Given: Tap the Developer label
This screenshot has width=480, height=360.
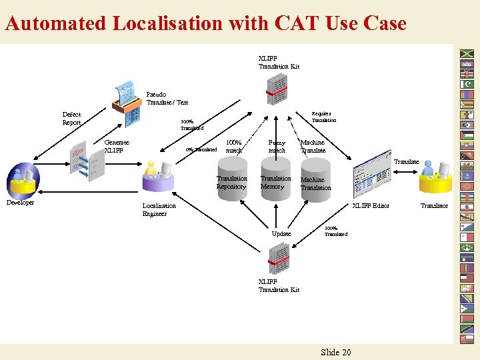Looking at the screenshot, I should (x=20, y=203).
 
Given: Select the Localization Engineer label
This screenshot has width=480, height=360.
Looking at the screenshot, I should (x=159, y=210).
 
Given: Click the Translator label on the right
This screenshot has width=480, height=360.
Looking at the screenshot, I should (x=434, y=206).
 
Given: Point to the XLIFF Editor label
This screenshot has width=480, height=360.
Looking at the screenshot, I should (x=371, y=206).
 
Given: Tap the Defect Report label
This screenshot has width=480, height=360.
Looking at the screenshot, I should (x=71, y=119).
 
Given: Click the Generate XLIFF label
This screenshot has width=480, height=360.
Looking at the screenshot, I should (x=117, y=146).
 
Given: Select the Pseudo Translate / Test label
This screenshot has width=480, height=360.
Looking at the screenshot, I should (x=167, y=99).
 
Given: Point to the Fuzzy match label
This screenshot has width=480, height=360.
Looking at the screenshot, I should (x=277, y=146).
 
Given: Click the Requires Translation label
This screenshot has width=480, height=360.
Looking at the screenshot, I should (x=324, y=117).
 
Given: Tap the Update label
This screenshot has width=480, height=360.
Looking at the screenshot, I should (x=281, y=234).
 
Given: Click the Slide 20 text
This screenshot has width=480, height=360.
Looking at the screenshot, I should (x=335, y=352).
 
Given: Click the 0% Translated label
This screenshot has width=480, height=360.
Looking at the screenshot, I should (x=201, y=149).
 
